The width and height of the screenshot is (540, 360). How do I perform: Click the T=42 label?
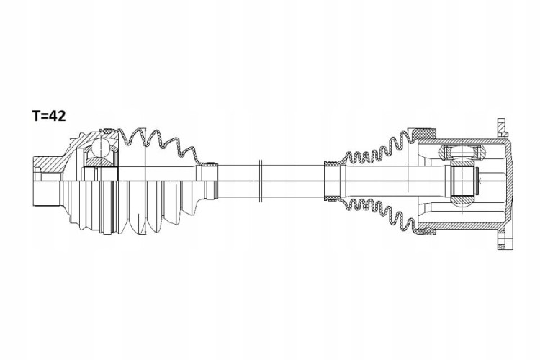pyautogui.click(x=49, y=116)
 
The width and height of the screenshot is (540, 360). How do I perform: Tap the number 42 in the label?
pyautogui.click(x=57, y=116)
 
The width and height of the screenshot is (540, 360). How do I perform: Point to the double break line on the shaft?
pyautogui.click(x=261, y=181)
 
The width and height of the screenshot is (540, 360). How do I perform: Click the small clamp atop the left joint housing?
pyautogui.click(x=107, y=130)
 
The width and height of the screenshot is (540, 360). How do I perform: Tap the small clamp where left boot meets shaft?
pyautogui.click(x=210, y=163)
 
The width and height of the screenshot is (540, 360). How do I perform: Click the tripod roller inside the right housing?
pyautogui.click(x=462, y=151)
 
